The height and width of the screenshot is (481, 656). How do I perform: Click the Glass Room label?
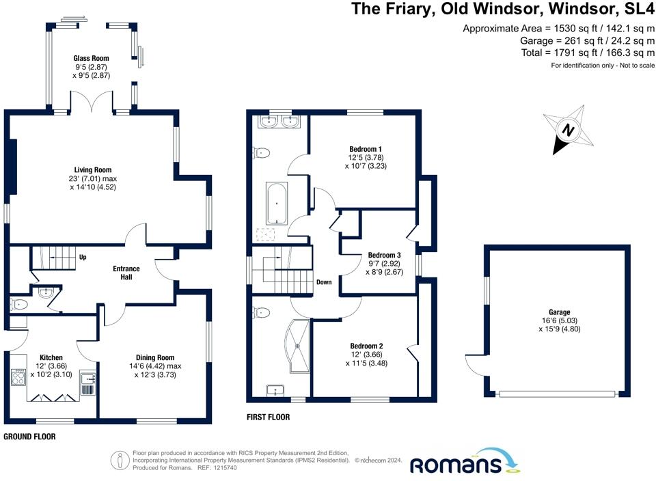point(91,59)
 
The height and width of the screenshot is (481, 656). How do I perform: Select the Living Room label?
point(93,170)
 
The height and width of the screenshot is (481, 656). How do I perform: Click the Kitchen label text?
point(51,357)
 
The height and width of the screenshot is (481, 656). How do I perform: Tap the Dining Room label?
point(154,357)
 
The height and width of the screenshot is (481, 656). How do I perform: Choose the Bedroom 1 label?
point(366,150)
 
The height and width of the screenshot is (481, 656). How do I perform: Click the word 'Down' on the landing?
point(324,282)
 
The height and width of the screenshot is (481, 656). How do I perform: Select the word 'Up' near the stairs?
point(83,258)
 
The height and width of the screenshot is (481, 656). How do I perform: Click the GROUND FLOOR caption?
point(29,437)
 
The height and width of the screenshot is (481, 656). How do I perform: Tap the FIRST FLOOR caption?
point(269,417)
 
